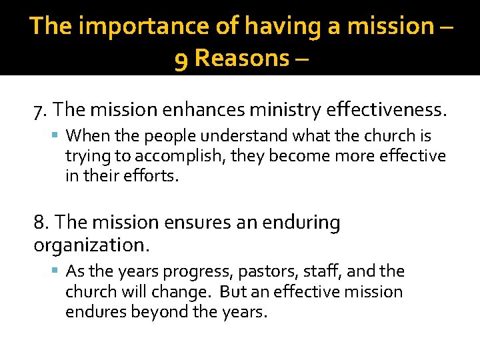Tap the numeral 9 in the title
180,59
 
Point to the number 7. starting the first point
40,109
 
